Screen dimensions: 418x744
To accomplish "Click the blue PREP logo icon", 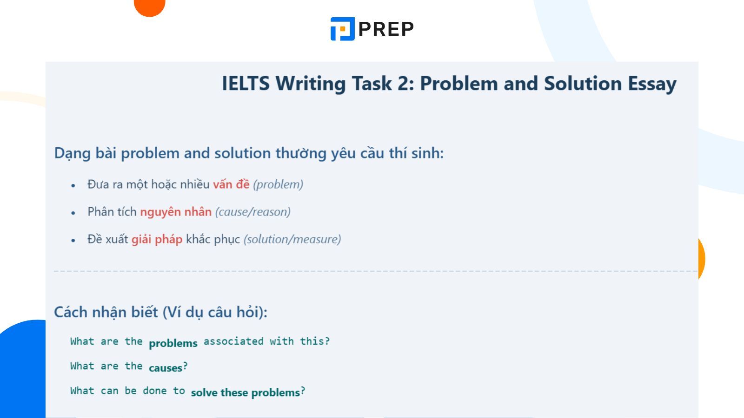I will click(343, 29).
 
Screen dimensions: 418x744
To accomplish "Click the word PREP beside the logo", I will click(386, 29).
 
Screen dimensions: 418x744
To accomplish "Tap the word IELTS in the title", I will click(246, 84).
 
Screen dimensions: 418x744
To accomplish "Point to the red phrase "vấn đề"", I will click(231, 184).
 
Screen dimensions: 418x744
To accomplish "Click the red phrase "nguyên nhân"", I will click(176, 212).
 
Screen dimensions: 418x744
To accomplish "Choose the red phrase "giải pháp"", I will click(157, 239).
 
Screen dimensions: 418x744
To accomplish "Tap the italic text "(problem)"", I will click(278, 184).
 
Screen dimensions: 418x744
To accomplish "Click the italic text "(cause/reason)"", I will click(252, 212).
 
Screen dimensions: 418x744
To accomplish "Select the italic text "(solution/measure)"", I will click(292, 239).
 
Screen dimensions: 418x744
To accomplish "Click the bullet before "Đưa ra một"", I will click(73, 185).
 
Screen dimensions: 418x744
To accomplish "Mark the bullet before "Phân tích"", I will click(73, 213).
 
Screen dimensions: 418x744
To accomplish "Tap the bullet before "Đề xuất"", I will click(73, 240).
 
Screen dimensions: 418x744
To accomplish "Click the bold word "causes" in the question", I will click(166, 368).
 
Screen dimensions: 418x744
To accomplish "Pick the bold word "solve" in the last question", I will click(205, 392).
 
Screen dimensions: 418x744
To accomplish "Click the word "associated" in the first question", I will click(233, 341).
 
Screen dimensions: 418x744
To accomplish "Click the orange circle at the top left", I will click(150, 6).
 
